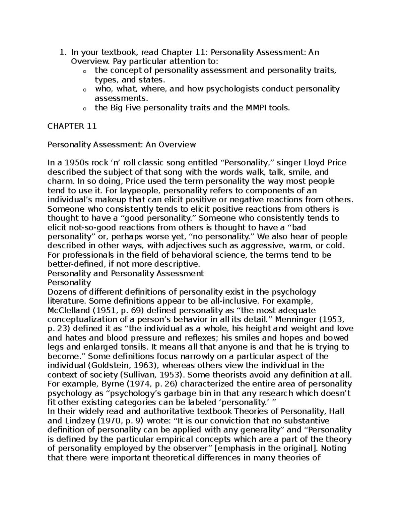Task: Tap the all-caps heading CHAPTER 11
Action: [72, 126]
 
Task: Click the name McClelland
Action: [68, 310]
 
